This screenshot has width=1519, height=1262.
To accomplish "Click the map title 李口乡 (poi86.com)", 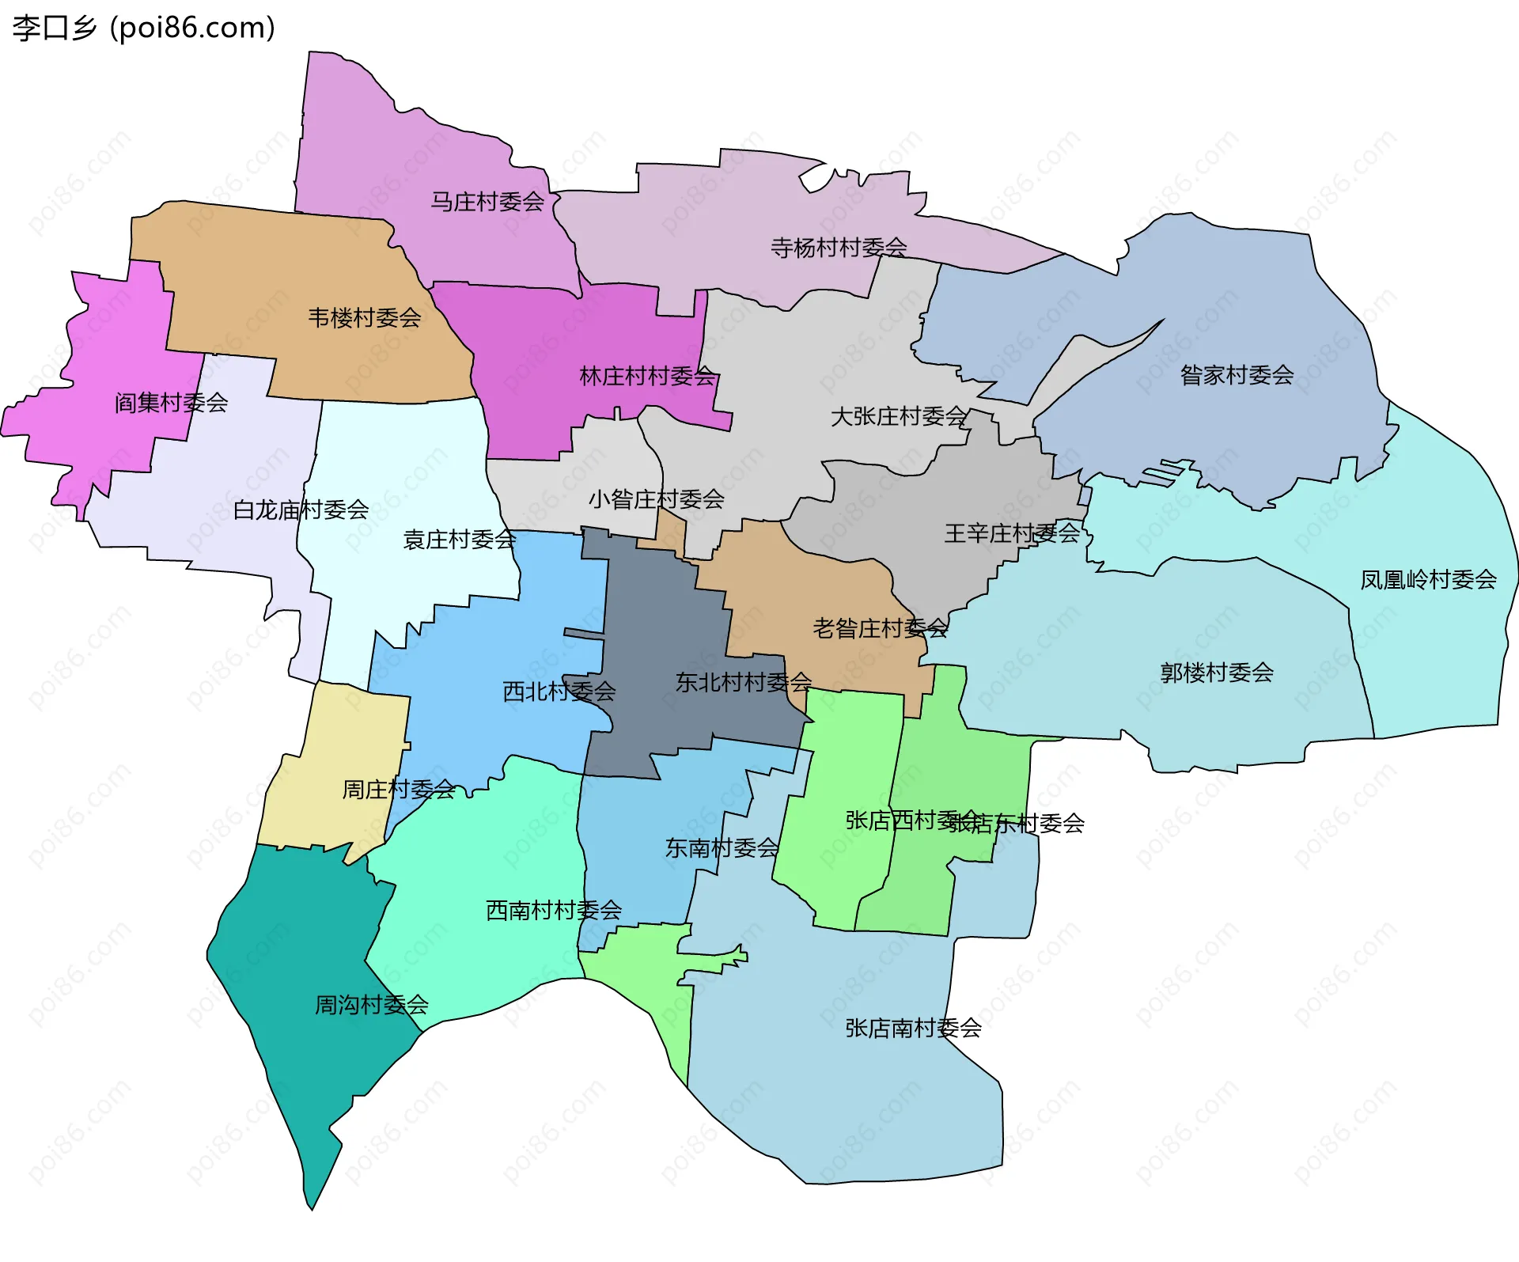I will coord(144,28).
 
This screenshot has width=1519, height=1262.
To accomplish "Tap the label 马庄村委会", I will coord(487,202).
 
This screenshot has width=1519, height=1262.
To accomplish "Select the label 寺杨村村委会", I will coord(839,248).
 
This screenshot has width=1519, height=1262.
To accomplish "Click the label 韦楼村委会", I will coord(365,318).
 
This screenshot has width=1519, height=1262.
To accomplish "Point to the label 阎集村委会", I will coord(172,403).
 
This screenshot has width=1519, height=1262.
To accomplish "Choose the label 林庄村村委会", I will coord(647,376).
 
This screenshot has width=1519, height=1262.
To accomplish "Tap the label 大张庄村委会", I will coord(899,416).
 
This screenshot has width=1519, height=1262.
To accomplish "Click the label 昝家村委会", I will coord(1237,375).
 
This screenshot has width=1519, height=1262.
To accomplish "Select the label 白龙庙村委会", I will coord(301,510).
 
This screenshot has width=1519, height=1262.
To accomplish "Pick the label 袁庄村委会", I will coord(460,540).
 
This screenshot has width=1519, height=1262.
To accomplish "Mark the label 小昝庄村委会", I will coord(656,499).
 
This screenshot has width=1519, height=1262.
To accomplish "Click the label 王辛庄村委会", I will coord(1012,533).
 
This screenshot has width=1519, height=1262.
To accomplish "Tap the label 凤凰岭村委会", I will coord(1428,580).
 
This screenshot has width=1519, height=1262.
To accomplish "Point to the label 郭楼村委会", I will coord(1217,673).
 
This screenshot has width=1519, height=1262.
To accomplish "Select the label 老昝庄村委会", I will coord(880,628).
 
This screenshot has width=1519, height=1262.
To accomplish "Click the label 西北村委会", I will coord(559,692).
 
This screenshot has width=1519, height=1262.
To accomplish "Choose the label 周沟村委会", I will coord(371,1005).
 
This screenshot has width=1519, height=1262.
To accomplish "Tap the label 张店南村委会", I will coord(913,1028).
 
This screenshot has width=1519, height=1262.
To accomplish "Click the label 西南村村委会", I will coord(553,910).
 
